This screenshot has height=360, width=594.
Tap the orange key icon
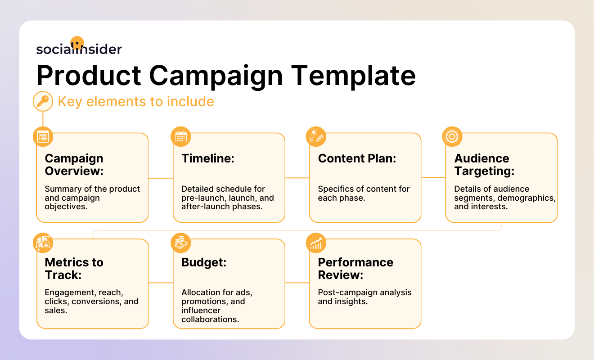pyautogui.click(x=43, y=102)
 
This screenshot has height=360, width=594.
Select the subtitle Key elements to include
pyautogui.click(x=136, y=102)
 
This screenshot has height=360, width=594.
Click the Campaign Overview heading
pyautogui.click(x=74, y=165)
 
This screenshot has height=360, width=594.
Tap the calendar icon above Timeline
pyautogui.click(x=180, y=137)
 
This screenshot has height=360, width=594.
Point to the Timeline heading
pyautogui.click(x=208, y=158)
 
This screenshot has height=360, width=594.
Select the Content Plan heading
pyautogui.click(x=357, y=158)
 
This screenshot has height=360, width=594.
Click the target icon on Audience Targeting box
pyautogui.click(x=452, y=136)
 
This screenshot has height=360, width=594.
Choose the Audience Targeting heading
pyautogui.click(x=484, y=165)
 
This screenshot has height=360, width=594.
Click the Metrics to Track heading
pyautogui.click(x=74, y=269)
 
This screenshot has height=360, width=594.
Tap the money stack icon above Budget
pyautogui.click(x=180, y=243)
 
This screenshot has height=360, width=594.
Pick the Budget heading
pyautogui.click(x=204, y=262)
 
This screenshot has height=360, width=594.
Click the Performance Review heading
pyautogui.click(x=355, y=269)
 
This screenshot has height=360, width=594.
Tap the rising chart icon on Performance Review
pyautogui.click(x=316, y=243)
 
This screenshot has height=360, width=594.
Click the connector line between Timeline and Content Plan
pyautogui.click(x=297, y=178)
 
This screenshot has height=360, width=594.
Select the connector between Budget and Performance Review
pyautogui.click(x=297, y=283)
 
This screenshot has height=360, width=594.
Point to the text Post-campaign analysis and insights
pyautogui.click(x=364, y=297)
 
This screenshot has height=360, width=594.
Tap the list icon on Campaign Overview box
pyautogui.click(x=43, y=137)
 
